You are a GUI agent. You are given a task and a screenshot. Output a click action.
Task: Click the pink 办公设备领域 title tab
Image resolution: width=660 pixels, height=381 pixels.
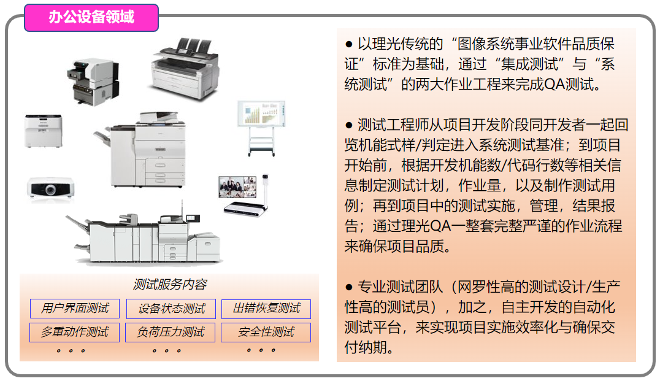click(x=91, y=18)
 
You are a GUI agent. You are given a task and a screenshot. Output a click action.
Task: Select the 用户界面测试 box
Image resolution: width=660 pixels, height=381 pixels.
click(x=75, y=309)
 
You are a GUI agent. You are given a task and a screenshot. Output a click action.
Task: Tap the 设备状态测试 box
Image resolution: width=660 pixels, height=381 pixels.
click(x=171, y=309)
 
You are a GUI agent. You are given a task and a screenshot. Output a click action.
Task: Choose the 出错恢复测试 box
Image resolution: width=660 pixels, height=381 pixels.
click(x=266, y=309)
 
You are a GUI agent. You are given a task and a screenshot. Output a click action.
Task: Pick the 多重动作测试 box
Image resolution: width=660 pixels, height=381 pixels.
click(x=74, y=332)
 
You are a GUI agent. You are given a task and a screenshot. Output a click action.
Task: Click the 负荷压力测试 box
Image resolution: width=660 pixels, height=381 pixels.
click(x=171, y=332)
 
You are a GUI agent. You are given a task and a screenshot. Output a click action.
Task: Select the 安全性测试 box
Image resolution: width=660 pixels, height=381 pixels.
click(x=266, y=332)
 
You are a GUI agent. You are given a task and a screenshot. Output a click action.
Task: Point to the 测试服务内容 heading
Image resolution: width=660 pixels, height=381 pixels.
click(x=170, y=285)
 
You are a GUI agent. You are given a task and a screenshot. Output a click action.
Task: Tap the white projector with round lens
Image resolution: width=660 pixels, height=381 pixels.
click(x=51, y=188)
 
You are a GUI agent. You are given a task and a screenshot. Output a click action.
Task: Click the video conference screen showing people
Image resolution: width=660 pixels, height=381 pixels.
click(x=237, y=187)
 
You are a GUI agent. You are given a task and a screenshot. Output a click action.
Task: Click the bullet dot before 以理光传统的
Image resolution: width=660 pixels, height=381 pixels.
click(x=348, y=44)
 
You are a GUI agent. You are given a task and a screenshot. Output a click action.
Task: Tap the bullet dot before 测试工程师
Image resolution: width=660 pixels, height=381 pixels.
click(x=348, y=125)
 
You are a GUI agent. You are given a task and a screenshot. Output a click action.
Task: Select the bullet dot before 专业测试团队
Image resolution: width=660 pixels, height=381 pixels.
click(x=348, y=288)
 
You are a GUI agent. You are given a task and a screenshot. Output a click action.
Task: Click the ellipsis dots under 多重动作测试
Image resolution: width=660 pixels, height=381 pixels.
click(x=71, y=351)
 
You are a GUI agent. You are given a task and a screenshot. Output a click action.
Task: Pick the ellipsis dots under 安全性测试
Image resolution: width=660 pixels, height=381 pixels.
click(x=261, y=350)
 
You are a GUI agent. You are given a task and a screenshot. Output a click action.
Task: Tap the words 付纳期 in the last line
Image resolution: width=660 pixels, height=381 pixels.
click(x=366, y=348)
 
